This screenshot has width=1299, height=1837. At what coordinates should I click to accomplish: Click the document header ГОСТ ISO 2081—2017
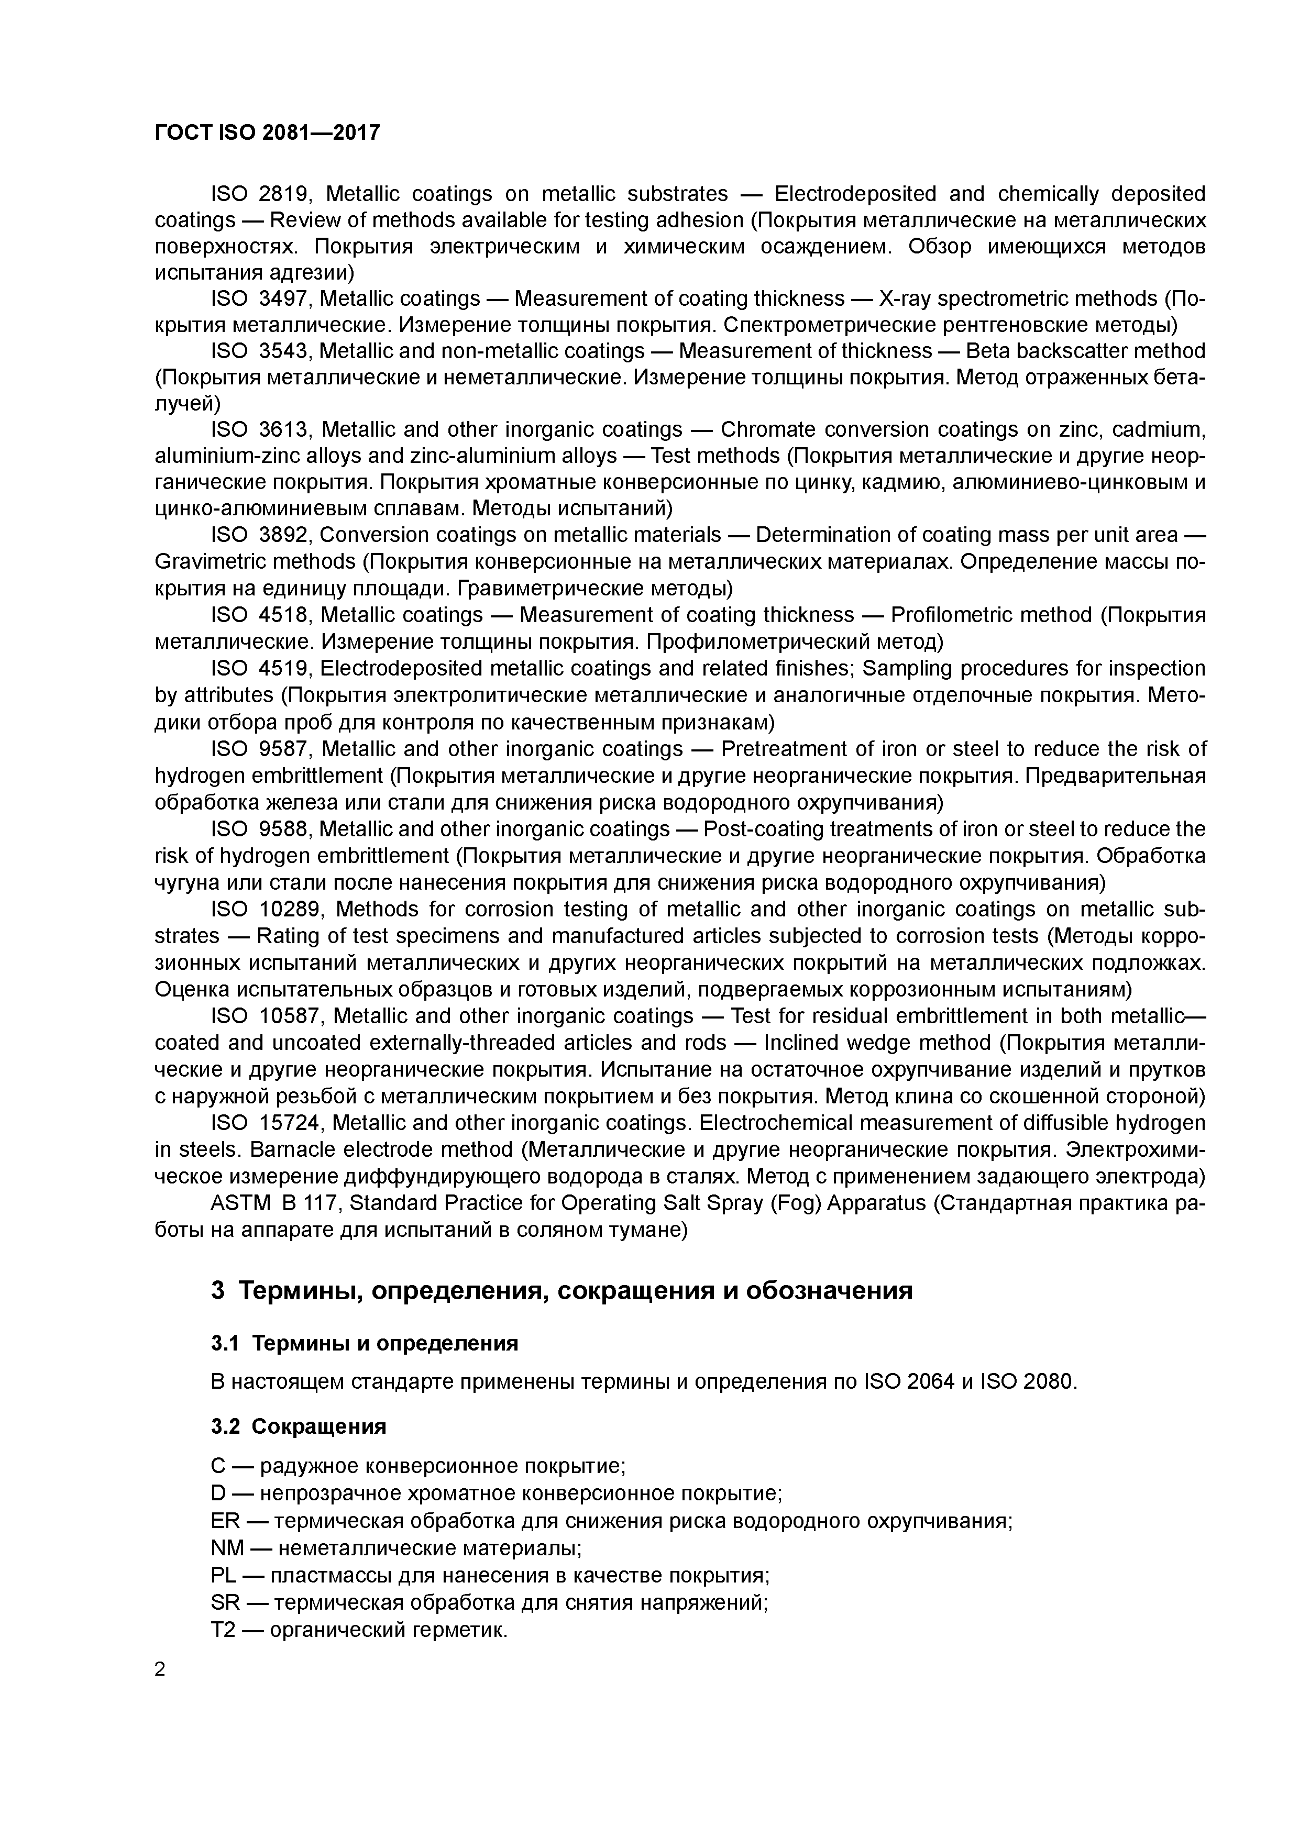pyautogui.click(x=267, y=132)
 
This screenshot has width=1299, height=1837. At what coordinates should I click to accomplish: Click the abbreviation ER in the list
pyautogui.click(x=225, y=1521)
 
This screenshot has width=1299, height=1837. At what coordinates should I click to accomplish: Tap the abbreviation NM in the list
pyautogui.click(x=226, y=1548)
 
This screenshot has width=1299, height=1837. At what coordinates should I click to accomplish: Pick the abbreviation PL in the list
pyautogui.click(x=223, y=1575)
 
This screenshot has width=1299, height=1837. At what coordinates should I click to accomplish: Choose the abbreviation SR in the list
pyautogui.click(x=225, y=1602)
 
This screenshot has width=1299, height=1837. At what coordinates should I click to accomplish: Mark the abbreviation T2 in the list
pyautogui.click(x=223, y=1630)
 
